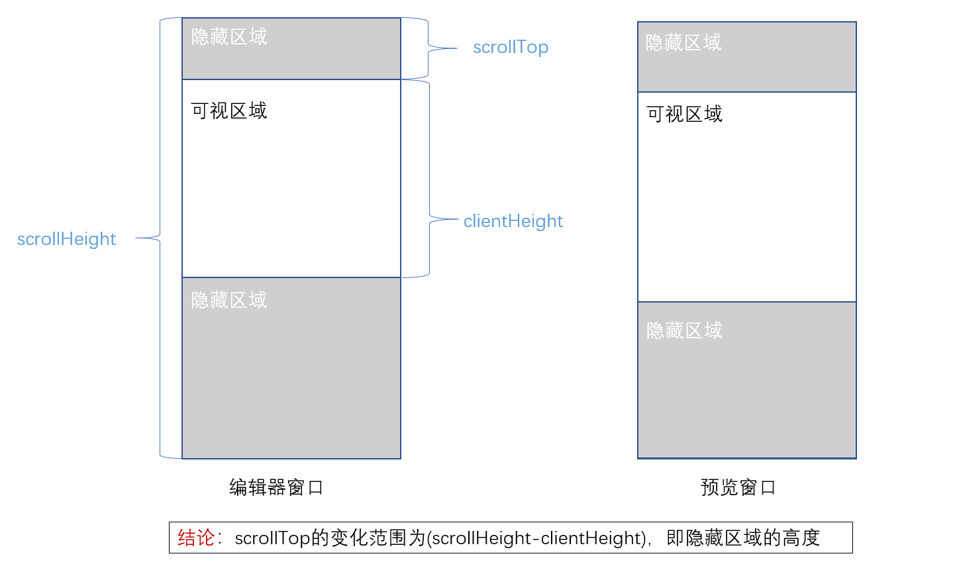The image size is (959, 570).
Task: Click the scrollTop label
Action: pyautogui.click(x=511, y=47)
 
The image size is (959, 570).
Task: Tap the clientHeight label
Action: pyautogui.click(x=513, y=221)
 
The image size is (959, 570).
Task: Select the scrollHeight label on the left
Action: pyautogui.click(x=66, y=239)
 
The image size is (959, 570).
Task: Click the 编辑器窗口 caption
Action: pyautogui.click(x=276, y=487)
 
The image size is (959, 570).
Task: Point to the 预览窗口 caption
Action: pyautogui.click(x=738, y=487)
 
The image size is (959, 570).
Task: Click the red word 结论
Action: pyautogui.click(x=196, y=538)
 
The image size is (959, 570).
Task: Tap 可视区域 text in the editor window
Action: pyautogui.click(x=229, y=111)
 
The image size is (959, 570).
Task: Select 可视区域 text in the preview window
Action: pyautogui.click(x=684, y=115)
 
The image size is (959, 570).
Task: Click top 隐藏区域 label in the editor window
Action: pyautogui.click(x=229, y=36)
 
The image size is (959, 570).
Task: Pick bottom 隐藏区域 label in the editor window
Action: pyautogui.click(x=229, y=300)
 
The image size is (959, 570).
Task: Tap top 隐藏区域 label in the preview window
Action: pyautogui.click(x=683, y=43)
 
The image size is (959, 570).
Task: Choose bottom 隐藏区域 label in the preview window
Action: pyautogui.click(x=684, y=330)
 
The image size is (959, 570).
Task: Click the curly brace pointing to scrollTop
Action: pyautogui.click(x=429, y=48)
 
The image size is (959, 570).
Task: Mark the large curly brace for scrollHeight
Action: pyautogui.click(x=159, y=238)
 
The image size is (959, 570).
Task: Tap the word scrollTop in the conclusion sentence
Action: pyautogui.click(x=272, y=538)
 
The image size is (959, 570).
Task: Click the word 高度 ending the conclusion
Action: pyautogui.click(x=801, y=538)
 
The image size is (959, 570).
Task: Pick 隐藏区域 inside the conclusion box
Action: pyautogui.click(x=723, y=538)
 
